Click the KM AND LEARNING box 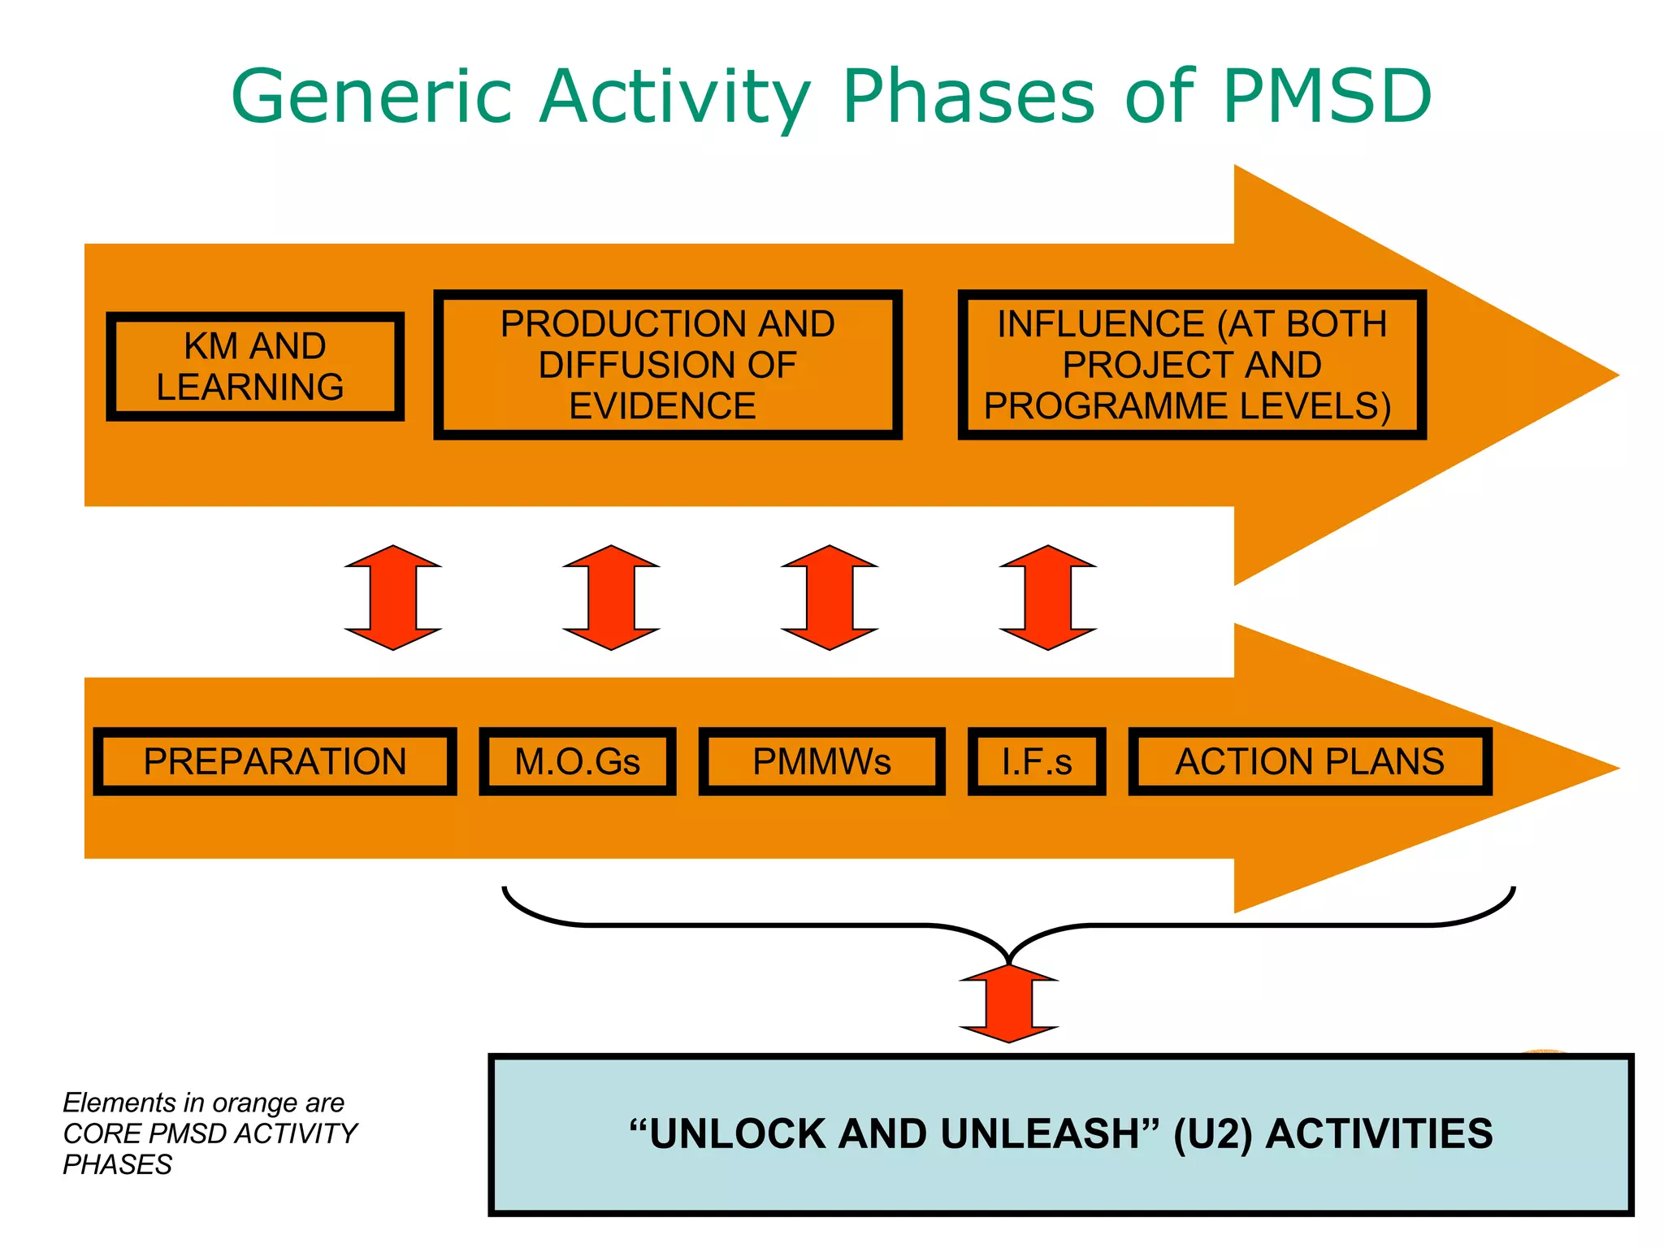pyautogui.click(x=255, y=366)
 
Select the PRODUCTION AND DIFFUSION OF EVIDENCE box pyautogui.click(x=668, y=365)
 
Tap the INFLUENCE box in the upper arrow pyautogui.click(x=1192, y=365)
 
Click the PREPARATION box pyautogui.click(x=275, y=761)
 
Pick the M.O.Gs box pyautogui.click(x=578, y=761)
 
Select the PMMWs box pyautogui.click(x=821, y=761)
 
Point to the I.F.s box pyautogui.click(x=1037, y=761)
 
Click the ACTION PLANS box pyautogui.click(x=1310, y=761)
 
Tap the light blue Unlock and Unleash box pyautogui.click(x=1060, y=1134)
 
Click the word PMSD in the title pyautogui.click(x=1326, y=96)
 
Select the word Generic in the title pyautogui.click(x=371, y=96)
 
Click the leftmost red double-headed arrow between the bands pyautogui.click(x=393, y=597)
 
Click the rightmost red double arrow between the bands pyautogui.click(x=1048, y=597)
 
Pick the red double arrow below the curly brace pyautogui.click(x=1009, y=1004)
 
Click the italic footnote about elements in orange pyautogui.click(x=210, y=1133)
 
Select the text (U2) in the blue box pyautogui.click(x=1216, y=1134)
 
